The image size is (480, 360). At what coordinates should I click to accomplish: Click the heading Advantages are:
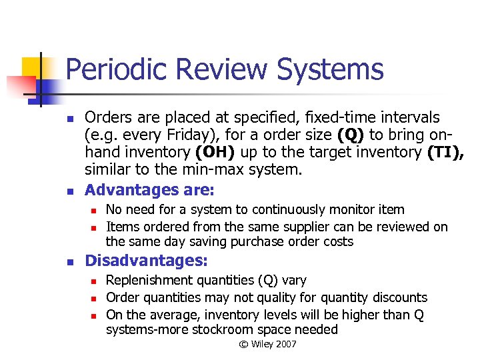point(150,190)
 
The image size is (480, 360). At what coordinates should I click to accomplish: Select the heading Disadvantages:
point(147,261)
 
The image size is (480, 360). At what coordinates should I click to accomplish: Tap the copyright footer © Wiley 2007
point(267,344)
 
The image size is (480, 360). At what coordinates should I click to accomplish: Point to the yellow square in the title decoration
point(33,69)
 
